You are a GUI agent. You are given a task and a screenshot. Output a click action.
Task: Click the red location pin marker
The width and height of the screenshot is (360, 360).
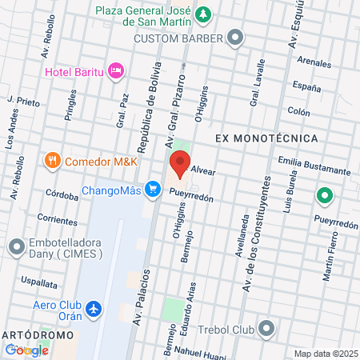click(x=179, y=166)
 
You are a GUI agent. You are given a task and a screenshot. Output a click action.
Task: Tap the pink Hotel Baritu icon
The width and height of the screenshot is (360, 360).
click(x=117, y=71)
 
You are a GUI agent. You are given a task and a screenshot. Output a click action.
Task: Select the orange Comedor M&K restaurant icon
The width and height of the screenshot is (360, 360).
click(x=53, y=160)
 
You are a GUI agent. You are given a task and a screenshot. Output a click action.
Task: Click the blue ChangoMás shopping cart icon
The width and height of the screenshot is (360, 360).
click(x=151, y=190)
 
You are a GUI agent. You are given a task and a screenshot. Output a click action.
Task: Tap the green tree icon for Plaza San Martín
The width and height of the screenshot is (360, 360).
click(x=204, y=14)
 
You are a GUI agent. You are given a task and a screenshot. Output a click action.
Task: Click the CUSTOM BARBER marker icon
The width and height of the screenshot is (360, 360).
click(x=235, y=37)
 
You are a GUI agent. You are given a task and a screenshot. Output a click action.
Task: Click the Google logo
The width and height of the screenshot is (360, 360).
click(x=26, y=350)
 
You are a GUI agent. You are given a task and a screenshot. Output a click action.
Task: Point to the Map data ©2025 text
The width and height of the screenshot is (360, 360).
click(x=325, y=354)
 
